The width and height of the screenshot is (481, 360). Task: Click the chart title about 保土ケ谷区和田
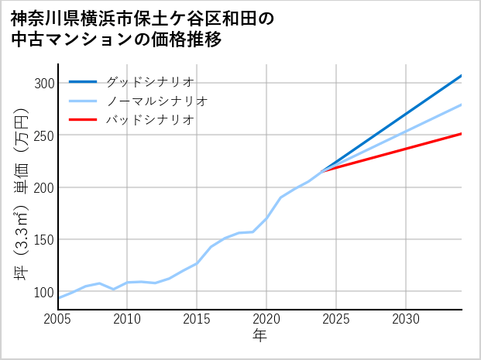[143, 29]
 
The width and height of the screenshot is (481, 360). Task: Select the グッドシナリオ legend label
[149, 81]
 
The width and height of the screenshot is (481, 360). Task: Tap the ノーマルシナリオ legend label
[156, 101]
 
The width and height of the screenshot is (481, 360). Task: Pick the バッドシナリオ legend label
[149, 120]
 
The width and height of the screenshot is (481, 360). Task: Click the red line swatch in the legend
[83, 120]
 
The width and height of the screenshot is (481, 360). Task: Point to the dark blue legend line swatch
[83, 81]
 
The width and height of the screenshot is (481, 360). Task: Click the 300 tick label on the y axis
[43, 84]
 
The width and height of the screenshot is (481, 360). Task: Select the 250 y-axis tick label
[43, 135]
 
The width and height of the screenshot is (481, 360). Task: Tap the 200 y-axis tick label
[43, 187]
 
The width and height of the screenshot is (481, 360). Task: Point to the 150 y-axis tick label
[43, 240]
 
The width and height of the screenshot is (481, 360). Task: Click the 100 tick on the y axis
[43, 292]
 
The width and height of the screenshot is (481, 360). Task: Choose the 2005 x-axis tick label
[58, 319]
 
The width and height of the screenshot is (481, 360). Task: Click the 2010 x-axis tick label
[127, 319]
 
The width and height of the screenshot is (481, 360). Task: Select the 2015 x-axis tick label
[197, 319]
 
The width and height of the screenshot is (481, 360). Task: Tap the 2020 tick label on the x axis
[266, 319]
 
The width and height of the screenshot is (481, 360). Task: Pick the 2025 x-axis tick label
[336, 319]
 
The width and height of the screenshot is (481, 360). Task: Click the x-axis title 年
[259, 336]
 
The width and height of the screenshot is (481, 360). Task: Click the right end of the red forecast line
[461, 134]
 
